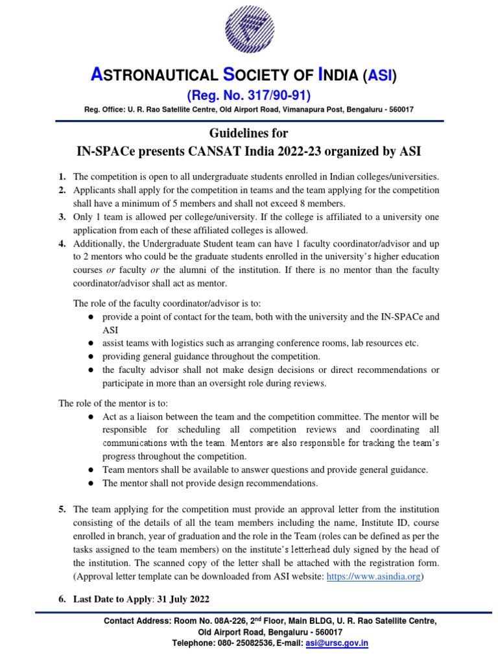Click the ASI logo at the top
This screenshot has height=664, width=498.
point(248,32)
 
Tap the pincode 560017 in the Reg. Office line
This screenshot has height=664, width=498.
point(397,110)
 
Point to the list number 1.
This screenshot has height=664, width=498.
point(62,177)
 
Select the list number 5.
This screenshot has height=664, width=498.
point(62,509)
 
